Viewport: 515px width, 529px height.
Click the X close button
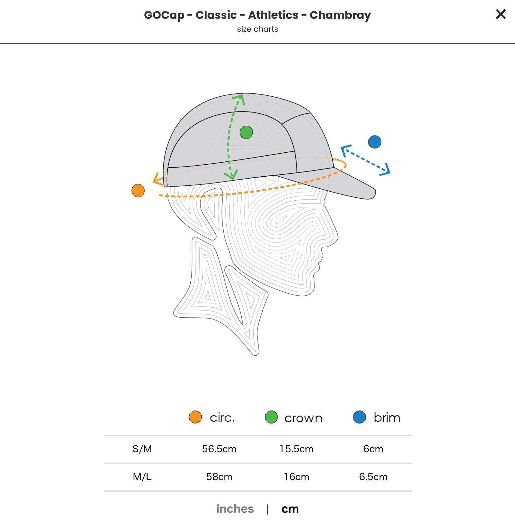(x=500, y=14)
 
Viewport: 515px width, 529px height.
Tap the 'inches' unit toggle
(x=235, y=509)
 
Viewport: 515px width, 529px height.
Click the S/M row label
(x=142, y=449)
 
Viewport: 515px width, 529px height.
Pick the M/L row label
(x=142, y=477)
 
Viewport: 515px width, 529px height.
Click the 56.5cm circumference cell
(x=219, y=449)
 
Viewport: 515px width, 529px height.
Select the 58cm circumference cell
(x=219, y=477)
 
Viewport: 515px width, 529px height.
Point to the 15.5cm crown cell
(x=296, y=449)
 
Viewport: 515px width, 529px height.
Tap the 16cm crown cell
(x=296, y=477)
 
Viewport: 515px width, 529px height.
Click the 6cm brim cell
(x=373, y=449)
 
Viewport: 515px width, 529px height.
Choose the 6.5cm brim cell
(x=373, y=477)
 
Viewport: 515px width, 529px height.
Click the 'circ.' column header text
(x=222, y=417)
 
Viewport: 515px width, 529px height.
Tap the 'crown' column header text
(x=303, y=418)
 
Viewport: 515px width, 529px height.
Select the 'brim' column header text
(x=387, y=417)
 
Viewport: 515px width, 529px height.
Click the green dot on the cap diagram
(x=246, y=132)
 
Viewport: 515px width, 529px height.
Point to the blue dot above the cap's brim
(x=375, y=142)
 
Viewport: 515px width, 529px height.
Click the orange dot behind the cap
(x=138, y=191)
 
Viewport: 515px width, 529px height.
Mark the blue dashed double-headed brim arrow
(x=365, y=160)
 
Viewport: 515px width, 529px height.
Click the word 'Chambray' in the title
(x=340, y=15)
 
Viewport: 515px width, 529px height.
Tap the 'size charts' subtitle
(x=257, y=29)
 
